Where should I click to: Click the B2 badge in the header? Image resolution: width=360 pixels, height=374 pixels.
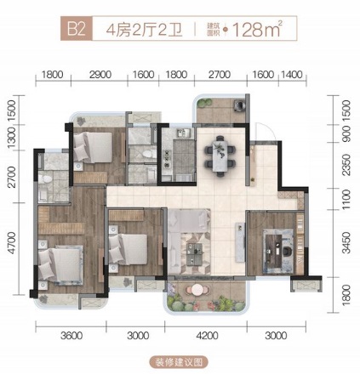click(77, 28)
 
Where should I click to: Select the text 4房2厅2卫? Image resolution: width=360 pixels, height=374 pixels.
click(145, 29)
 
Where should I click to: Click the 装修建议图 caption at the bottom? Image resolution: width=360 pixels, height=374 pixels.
click(179, 362)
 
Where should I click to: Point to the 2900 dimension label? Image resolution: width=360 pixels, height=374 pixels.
click(100, 75)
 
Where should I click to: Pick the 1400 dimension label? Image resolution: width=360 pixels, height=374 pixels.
click(292, 75)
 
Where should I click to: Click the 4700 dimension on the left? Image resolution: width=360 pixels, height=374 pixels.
click(12, 243)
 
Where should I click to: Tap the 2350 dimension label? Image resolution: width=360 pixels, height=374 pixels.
click(346, 165)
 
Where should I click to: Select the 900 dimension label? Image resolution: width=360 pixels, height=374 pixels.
click(346, 133)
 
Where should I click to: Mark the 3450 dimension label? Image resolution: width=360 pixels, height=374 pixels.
click(346, 243)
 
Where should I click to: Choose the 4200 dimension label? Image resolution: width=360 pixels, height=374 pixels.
click(208, 336)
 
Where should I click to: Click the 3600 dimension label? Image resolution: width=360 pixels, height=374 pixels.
click(71, 336)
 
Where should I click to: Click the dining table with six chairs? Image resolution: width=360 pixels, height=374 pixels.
click(220, 156)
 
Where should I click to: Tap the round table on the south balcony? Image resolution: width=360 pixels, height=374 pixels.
click(197, 290)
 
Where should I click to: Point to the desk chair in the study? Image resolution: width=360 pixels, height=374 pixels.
click(287, 251)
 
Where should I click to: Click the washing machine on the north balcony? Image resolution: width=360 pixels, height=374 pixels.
click(239, 105)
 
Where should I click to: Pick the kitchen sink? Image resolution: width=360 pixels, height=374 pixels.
click(184, 133)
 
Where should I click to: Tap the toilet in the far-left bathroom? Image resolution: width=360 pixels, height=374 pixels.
click(45, 179)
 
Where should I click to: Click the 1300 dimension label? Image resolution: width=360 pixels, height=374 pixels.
click(12, 138)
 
